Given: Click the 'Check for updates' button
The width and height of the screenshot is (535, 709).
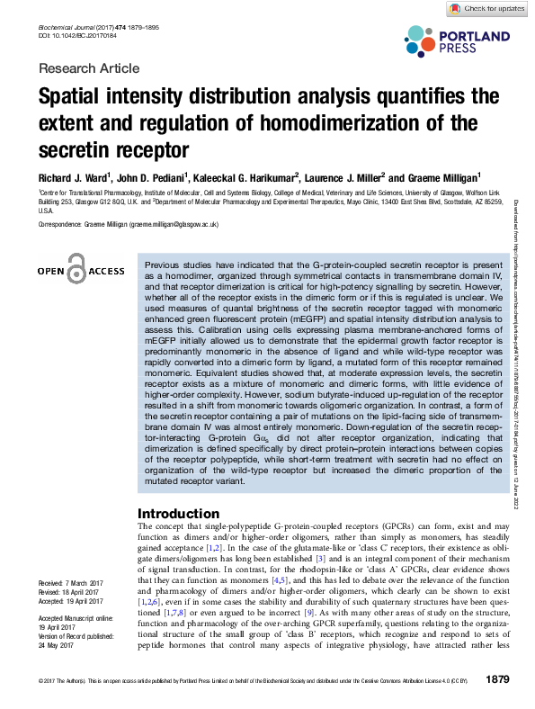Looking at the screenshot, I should [x=487, y=8].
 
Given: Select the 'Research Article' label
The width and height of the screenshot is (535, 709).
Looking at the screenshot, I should [x=89, y=68].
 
